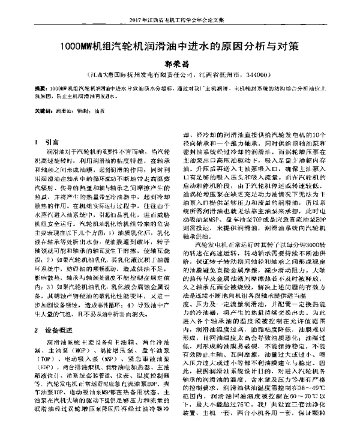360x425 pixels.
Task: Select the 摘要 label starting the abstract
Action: (x=41, y=88)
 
